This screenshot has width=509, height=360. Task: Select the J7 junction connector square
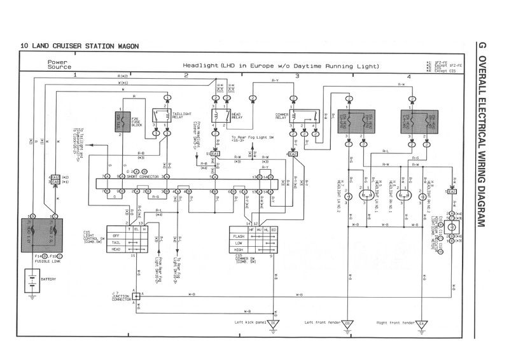(x=136, y=296)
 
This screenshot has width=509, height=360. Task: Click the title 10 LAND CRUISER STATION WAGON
(x=80, y=46)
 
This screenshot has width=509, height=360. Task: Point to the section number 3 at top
(x=297, y=76)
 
